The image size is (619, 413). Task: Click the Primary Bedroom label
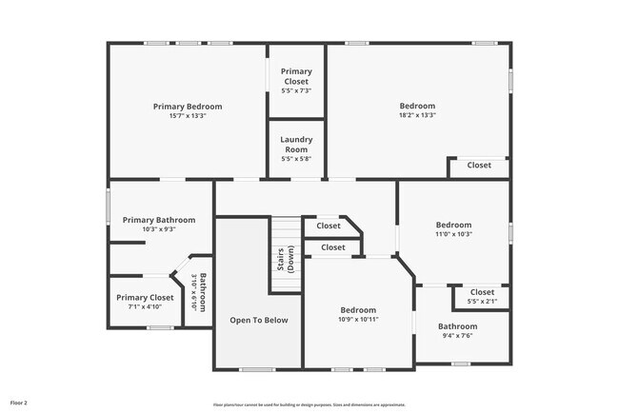point(188,107)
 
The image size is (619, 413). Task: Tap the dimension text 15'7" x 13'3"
point(188,116)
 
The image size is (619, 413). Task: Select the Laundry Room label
point(296,145)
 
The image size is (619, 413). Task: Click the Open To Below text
point(258,321)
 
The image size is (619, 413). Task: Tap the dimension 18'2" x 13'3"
point(417,115)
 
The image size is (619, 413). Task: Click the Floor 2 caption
point(19,402)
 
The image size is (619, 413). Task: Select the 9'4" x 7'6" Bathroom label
point(457,325)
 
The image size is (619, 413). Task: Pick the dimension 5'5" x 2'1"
point(482,302)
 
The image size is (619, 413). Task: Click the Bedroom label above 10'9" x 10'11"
point(359,310)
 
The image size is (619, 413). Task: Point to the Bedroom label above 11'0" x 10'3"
point(453,225)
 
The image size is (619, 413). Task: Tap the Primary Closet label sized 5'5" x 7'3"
point(296,76)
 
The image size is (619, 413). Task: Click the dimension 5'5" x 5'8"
point(296,159)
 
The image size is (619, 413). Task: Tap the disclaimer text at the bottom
point(309,404)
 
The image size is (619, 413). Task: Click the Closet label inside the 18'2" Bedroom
point(479,166)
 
